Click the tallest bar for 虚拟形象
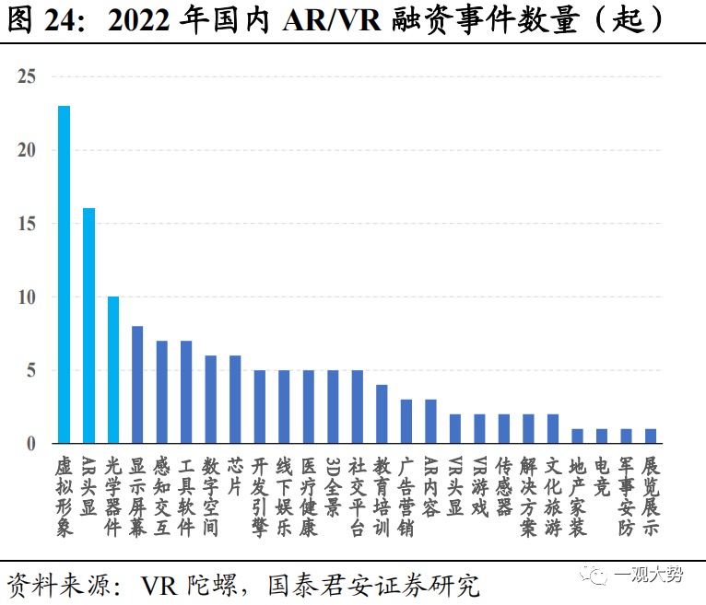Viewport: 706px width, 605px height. (x=64, y=274)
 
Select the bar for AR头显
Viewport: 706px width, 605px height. (x=88, y=326)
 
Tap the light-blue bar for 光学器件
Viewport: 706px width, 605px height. (x=112, y=370)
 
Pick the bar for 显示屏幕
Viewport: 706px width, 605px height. (x=137, y=385)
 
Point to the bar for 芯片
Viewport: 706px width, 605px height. (x=235, y=400)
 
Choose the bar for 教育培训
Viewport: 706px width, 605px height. (x=382, y=414)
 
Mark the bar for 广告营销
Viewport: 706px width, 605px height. (x=406, y=422)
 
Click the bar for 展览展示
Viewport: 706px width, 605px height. (x=651, y=436)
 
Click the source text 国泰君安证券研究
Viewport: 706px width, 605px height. (x=373, y=584)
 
